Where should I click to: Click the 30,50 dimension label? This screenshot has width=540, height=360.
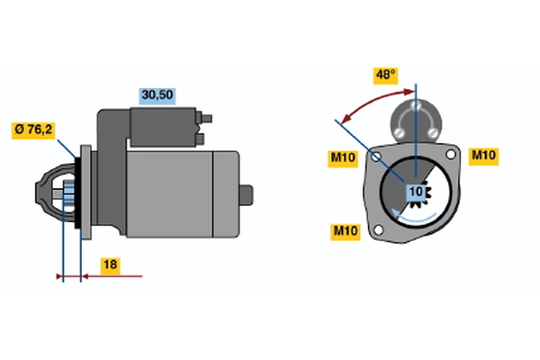[x=156, y=94]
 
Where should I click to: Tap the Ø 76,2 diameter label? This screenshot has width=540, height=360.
[x=34, y=130]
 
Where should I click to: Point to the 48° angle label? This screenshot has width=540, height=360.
[x=386, y=75]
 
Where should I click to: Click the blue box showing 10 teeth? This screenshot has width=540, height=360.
[x=415, y=191]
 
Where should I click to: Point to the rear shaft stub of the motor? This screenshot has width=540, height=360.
[x=247, y=193]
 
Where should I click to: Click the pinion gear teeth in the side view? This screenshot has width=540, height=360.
[x=67, y=193]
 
